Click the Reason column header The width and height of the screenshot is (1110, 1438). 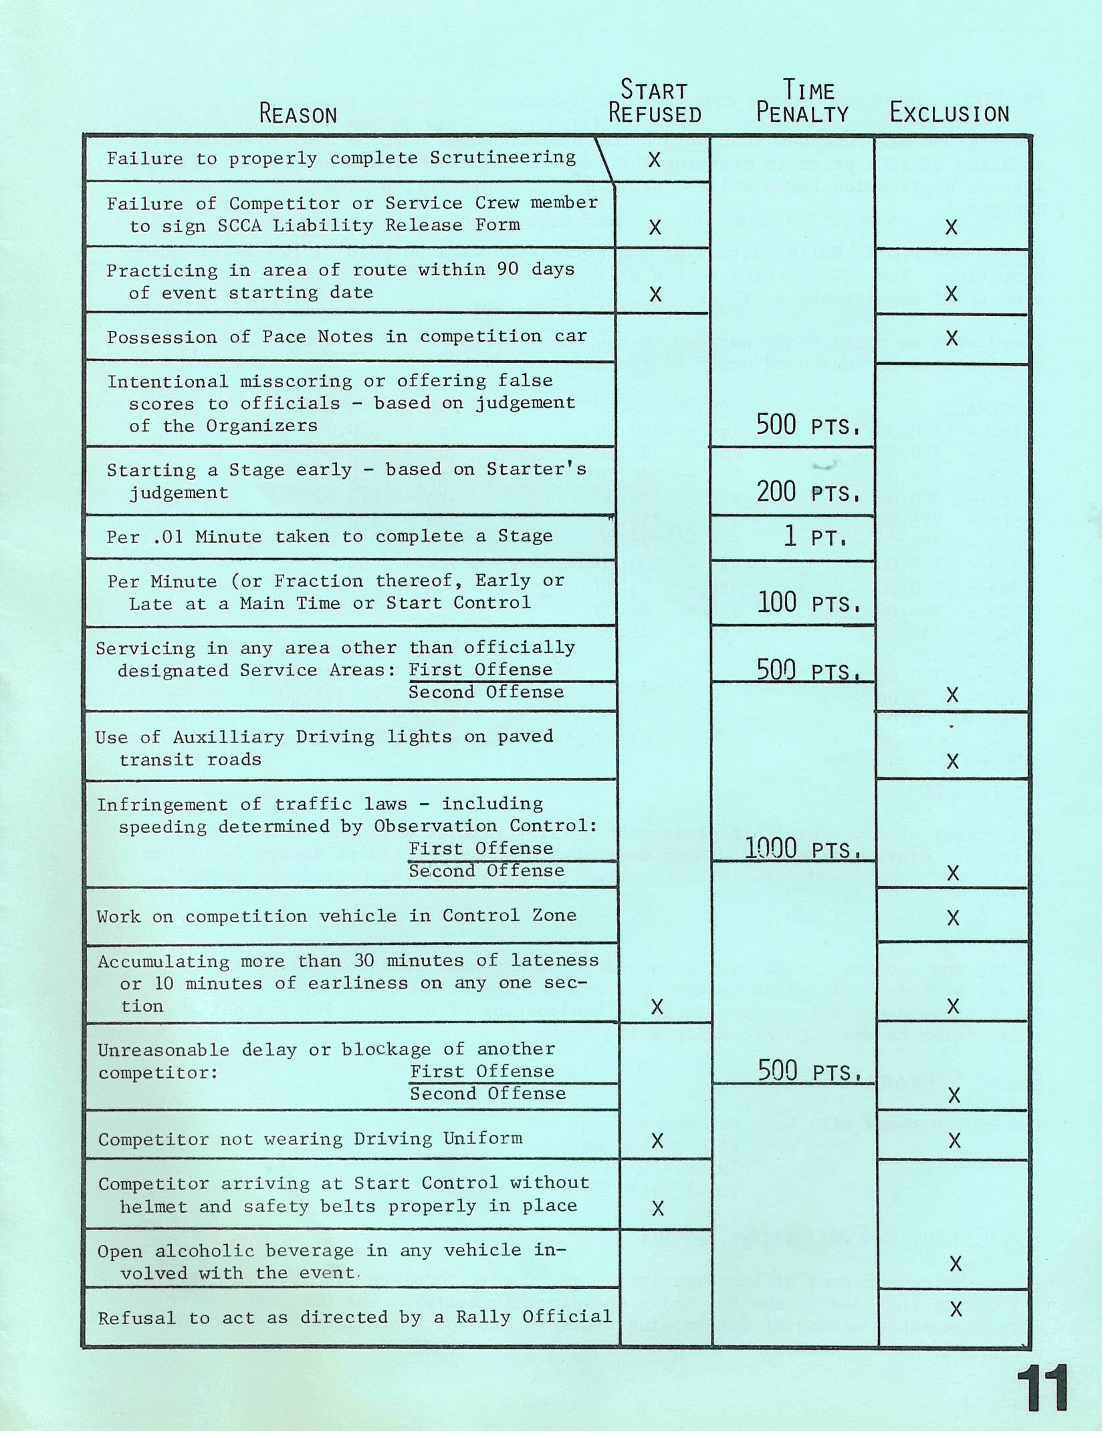click(x=298, y=114)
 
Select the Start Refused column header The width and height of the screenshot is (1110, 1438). click(x=655, y=102)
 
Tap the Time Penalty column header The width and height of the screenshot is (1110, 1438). click(x=802, y=102)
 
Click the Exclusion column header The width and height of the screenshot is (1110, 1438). click(x=949, y=114)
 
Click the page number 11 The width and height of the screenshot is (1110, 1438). click(x=1042, y=1388)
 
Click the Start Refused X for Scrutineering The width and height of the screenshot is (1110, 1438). click(x=655, y=160)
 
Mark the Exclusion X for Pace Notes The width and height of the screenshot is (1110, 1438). click(x=951, y=338)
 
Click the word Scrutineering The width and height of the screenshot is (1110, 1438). click(x=502, y=158)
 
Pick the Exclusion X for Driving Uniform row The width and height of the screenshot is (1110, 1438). click(x=954, y=1141)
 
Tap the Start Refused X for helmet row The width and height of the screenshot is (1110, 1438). click(x=658, y=1208)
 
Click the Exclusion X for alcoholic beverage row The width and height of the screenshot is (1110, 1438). click(x=956, y=1263)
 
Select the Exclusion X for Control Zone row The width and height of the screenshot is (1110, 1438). click(x=954, y=918)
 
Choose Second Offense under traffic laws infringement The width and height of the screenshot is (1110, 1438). click(x=486, y=871)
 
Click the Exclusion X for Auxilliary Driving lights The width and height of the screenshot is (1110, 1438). click(x=953, y=761)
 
